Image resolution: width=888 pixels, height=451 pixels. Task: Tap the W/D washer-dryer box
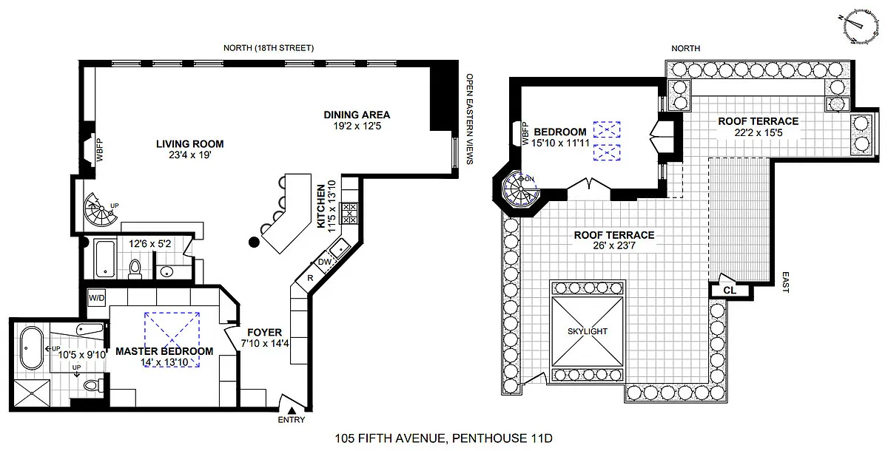pos(97,298)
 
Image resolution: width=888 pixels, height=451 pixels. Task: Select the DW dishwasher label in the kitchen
pos(325,262)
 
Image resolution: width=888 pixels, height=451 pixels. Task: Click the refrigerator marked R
pos(310,278)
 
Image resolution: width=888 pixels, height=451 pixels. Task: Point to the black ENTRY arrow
pos(292,410)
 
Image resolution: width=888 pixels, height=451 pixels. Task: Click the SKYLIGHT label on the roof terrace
pos(587,331)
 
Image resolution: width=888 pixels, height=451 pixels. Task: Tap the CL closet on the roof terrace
pos(730,291)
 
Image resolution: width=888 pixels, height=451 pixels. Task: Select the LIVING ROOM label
pos(190,143)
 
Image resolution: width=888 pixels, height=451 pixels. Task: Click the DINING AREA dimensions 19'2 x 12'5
pos(357,126)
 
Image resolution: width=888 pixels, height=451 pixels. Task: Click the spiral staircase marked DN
pos(521,189)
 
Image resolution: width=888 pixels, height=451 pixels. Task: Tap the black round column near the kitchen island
pos(254,242)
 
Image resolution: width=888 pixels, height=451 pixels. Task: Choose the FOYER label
pos(264,332)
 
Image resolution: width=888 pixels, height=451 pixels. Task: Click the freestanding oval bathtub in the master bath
pos(32,347)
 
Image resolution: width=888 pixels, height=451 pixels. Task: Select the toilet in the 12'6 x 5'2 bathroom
pos(135,268)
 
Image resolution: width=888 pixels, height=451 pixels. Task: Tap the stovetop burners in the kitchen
pos(349,214)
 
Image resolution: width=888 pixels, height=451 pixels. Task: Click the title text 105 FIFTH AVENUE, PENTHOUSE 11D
pos(443,438)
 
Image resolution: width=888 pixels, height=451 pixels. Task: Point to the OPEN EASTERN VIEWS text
pos(470,119)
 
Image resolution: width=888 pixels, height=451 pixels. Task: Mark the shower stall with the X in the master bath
pos(32,393)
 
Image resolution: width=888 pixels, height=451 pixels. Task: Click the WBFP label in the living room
pos(99,149)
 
